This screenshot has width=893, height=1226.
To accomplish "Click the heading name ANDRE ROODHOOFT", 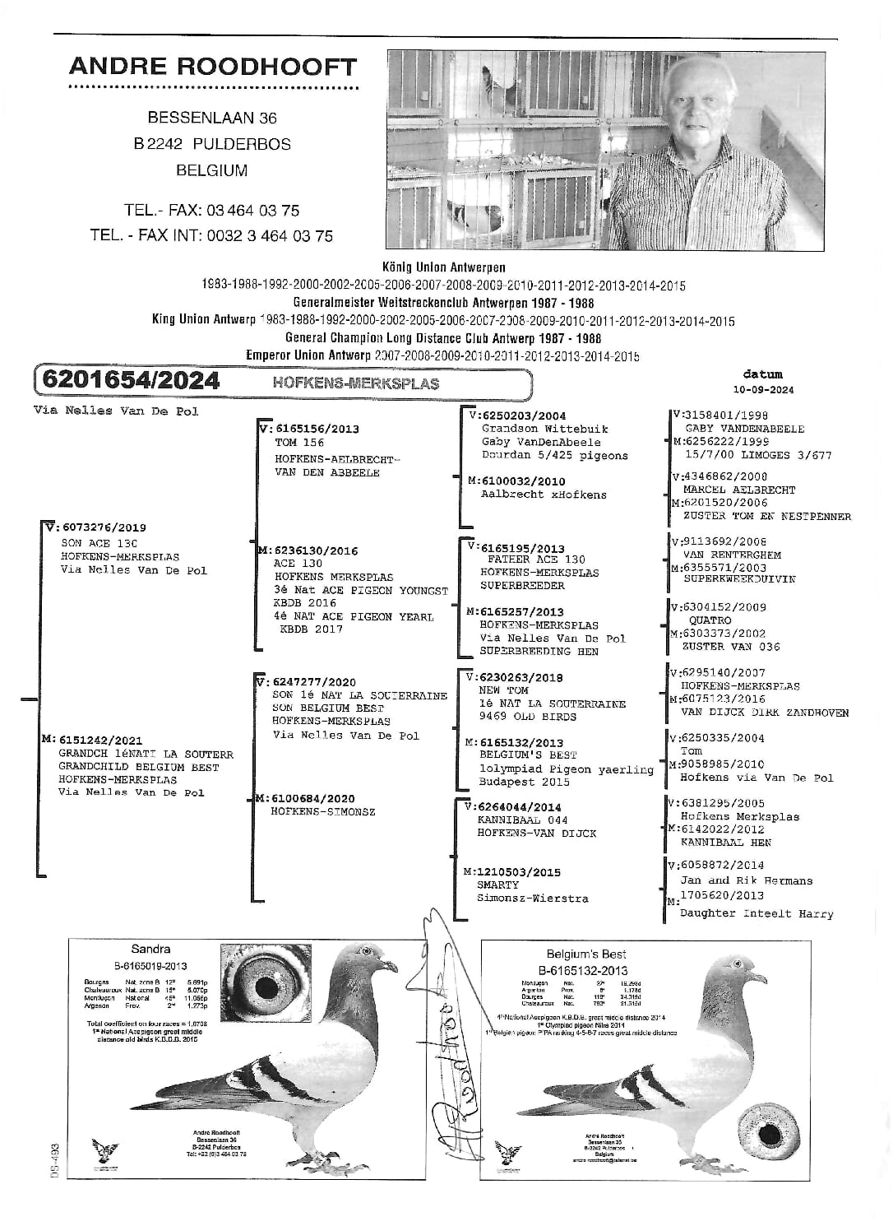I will pos(212,67).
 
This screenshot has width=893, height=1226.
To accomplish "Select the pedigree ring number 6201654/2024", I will pos(131,380).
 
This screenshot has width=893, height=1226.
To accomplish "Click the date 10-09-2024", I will pos(763,390).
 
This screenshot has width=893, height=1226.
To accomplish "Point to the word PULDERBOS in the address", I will pos(242,144).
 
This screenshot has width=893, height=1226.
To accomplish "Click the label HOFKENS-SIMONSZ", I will pos(323,812).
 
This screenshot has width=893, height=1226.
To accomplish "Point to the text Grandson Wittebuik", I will pos(532,429).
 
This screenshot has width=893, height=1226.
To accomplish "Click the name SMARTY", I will pos(498,885).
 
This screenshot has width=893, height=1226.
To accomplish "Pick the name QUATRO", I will pos(710,620).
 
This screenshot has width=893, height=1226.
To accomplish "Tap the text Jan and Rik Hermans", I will pos(746,880).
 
